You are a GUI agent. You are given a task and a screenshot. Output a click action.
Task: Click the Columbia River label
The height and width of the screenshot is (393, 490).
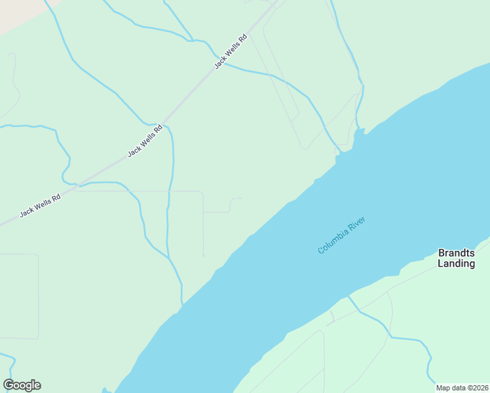click(x=341, y=235)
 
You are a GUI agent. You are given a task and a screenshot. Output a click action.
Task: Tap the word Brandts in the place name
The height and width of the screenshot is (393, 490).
click(x=456, y=252)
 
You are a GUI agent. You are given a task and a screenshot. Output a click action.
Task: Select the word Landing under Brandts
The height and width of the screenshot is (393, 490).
click(x=456, y=263)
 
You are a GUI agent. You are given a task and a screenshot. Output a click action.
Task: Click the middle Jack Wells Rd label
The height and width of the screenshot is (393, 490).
click(x=143, y=141)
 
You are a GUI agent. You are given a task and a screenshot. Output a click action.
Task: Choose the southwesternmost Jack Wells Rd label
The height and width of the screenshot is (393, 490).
click(x=40, y=204)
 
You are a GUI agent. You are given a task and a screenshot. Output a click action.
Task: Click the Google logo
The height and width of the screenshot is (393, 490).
click(x=22, y=385)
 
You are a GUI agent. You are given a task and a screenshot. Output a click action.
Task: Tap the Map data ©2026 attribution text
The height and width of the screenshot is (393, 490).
click(x=462, y=388)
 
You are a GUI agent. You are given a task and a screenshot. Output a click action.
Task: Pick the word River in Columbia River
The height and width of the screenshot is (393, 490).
click(x=356, y=225)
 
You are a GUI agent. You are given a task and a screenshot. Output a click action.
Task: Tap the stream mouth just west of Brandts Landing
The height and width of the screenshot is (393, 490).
click(x=348, y=296)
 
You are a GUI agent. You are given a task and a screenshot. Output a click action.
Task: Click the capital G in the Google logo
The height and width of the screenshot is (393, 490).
click(x=9, y=385)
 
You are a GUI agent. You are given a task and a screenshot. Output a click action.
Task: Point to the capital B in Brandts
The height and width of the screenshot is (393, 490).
click(x=442, y=252)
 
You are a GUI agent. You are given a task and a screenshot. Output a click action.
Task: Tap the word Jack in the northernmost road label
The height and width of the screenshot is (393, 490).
click(x=219, y=62)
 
